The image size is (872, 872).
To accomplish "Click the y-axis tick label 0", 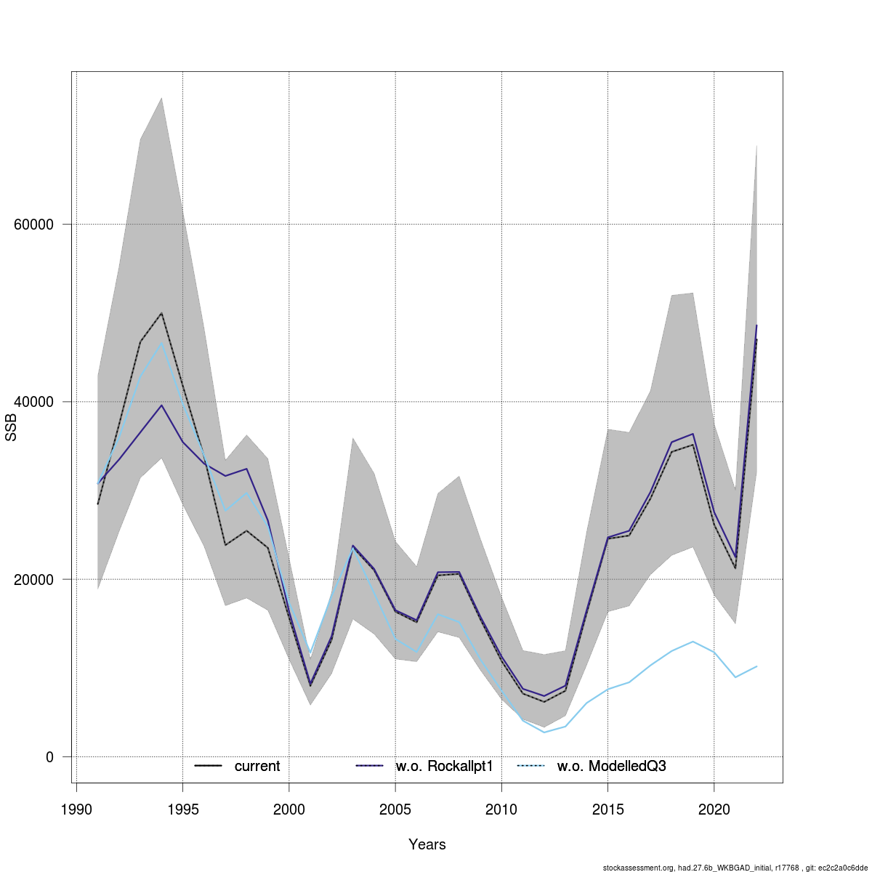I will pyautogui.click(x=50, y=757).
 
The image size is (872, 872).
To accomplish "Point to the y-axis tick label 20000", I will pyautogui.click(x=34, y=580).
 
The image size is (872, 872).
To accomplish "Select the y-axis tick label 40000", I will pyautogui.click(x=34, y=402).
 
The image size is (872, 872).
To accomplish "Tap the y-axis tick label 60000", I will pyautogui.click(x=34, y=225).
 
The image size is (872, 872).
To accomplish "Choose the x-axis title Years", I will pyautogui.click(x=427, y=844).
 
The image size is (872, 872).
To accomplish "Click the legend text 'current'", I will pyautogui.click(x=257, y=766).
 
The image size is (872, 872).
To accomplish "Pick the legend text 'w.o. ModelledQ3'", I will pyautogui.click(x=611, y=766).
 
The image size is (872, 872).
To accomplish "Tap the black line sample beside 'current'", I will pyautogui.click(x=208, y=766).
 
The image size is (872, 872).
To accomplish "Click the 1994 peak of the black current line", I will pyautogui.click(x=161, y=313).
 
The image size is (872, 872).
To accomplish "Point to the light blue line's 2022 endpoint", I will pyautogui.click(x=756, y=666).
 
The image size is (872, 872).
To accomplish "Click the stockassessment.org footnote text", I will pyautogui.click(x=735, y=867).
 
